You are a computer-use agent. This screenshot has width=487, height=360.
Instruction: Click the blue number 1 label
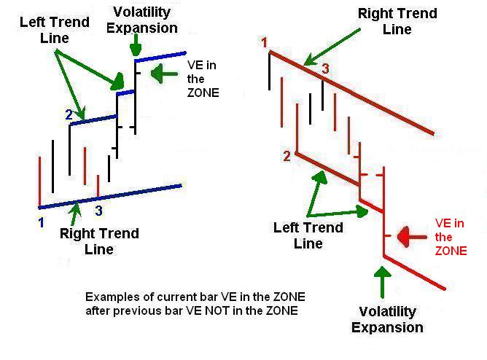click(41, 222)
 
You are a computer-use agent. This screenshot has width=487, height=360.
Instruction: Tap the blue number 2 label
click(69, 115)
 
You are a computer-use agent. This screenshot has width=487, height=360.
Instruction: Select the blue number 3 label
click(98, 211)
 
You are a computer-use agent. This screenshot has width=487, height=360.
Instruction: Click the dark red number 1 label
click(265, 42)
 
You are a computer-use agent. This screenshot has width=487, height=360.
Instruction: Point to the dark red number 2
click(287, 156)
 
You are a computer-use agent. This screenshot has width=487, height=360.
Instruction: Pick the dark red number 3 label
click(325, 69)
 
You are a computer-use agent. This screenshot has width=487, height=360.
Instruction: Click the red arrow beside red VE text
click(412, 237)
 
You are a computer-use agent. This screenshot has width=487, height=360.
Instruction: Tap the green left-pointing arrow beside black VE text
click(164, 74)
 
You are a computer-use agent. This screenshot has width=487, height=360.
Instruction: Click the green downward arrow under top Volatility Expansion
click(136, 45)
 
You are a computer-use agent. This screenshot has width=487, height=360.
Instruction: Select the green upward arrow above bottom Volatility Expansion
click(383, 282)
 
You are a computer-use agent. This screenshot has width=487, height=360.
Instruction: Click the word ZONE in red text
click(451, 251)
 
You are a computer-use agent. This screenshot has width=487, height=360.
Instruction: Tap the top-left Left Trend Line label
click(55, 30)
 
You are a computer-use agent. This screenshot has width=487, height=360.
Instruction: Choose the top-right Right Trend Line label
click(397, 21)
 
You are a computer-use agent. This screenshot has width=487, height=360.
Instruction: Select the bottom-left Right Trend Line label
click(99, 241)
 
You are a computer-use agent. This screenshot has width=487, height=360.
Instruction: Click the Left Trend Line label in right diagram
click(308, 235)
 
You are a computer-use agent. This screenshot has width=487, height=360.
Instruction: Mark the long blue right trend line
click(110, 197)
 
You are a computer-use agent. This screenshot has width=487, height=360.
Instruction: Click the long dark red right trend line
click(351, 93)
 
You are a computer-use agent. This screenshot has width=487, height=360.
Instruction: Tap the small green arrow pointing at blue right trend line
click(75, 214)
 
